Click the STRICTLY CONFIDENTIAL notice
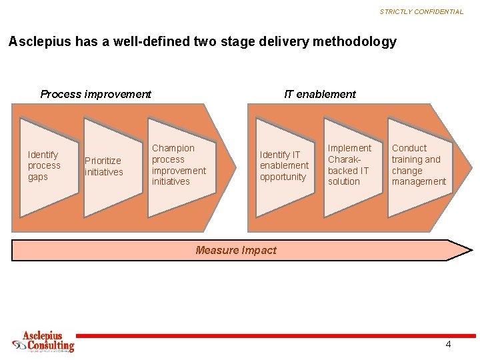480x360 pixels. point(421,11)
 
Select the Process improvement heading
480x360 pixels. point(95,94)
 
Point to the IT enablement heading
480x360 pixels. point(319,94)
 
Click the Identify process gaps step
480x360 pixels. point(44,165)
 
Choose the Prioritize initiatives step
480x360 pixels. point(104,166)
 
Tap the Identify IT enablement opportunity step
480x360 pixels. point(284,165)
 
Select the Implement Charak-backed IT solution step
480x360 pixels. point(349,165)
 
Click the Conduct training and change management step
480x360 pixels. point(419,165)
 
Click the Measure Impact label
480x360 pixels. point(235,250)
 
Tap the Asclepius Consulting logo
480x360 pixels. point(44,341)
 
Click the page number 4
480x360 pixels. point(448,344)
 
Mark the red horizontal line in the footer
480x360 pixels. point(267,335)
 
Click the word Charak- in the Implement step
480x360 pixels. point(344,159)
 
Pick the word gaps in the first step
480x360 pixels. point(38,177)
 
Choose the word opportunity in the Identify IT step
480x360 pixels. point(283,177)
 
